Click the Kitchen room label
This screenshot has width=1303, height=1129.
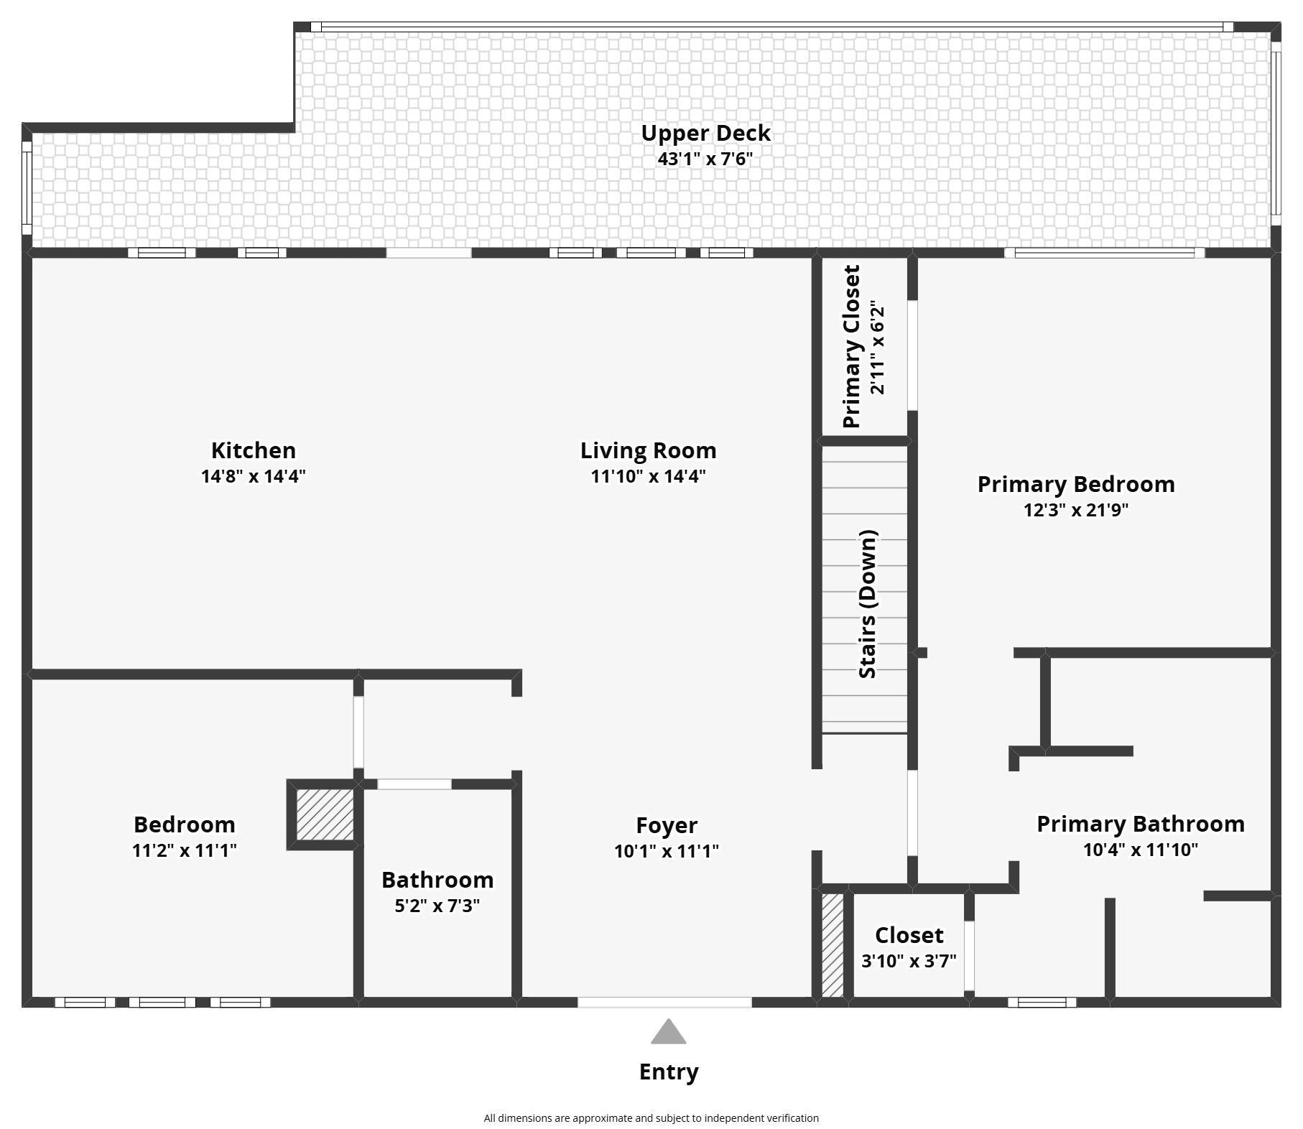[x=253, y=450]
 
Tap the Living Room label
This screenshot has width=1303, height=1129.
[x=648, y=451]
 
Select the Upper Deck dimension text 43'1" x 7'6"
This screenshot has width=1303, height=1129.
[x=705, y=159]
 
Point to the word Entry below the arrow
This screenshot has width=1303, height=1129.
[x=669, y=1072]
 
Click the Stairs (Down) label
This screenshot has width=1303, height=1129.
[x=868, y=604]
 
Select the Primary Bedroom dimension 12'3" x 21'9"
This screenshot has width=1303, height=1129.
[x=1076, y=510]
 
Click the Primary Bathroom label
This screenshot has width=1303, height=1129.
[x=1141, y=824]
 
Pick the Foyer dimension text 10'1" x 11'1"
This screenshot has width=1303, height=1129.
[x=667, y=851]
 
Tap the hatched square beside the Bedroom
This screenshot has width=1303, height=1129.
[x=325, y=814]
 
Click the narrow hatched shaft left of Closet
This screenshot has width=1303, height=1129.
[x=833, y=945]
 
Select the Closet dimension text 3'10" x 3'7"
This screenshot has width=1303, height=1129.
[x=909, y=961]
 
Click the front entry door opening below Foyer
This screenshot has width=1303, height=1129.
[x=664, y=1003]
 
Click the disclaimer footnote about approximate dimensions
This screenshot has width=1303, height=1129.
[x=651, y=1118]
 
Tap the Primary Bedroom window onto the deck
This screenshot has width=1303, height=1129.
[x=1104, y=253]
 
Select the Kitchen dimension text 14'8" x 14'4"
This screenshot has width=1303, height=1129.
[x=253, y=476]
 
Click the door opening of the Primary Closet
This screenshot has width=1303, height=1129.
[x=912, y=356]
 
